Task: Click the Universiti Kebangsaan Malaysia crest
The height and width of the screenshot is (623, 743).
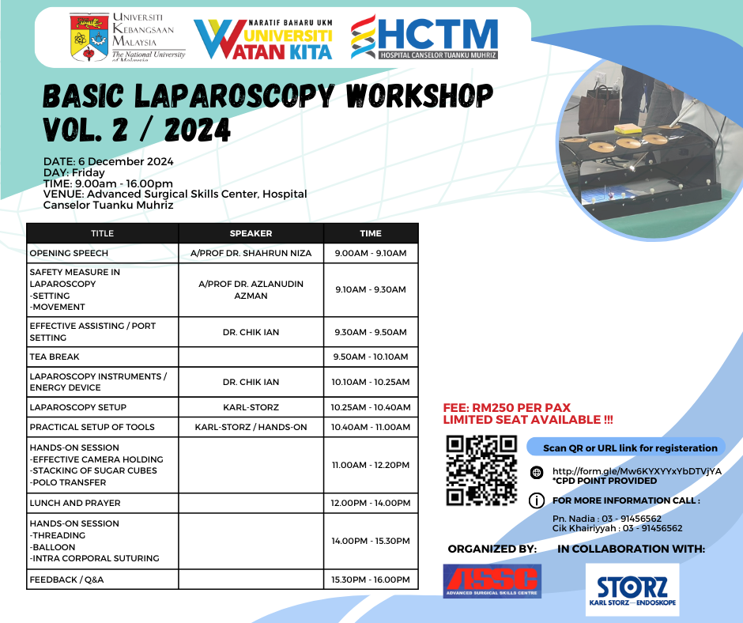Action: pos(89,38)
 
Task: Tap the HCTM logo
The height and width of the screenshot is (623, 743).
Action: pos(424,37)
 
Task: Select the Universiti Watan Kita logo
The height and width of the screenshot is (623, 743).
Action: pos(263,40)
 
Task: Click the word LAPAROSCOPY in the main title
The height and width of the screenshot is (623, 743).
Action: pos(235,96)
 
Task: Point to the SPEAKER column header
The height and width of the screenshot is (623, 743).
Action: pos(251,233)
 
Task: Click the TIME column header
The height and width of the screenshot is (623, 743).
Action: pos(371,233)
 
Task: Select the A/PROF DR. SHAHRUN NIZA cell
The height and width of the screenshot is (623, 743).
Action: pos(251,253)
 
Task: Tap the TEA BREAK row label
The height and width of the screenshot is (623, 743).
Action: pos(55,357)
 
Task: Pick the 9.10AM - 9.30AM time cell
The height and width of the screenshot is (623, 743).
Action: pos(371,289)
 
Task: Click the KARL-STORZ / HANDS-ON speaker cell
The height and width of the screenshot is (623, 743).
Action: pos(251,427)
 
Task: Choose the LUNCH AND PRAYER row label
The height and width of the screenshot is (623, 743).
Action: pos(75,503)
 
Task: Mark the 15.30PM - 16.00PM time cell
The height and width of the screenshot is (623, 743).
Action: pos(371,580)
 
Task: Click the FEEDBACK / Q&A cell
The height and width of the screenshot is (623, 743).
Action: pos(66,580)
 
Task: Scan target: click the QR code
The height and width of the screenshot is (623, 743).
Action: pos(481,470)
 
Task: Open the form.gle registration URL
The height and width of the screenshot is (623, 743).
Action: pos(637,471)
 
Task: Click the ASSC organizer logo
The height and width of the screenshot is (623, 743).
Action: pos(492,581)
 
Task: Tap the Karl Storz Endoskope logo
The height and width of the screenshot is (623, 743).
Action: pos(632,590)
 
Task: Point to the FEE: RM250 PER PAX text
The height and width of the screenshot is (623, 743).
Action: pos(507,408)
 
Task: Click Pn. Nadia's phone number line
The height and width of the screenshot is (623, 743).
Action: pos(606,519)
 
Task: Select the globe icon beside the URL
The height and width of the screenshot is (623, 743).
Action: pos(537,472)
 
